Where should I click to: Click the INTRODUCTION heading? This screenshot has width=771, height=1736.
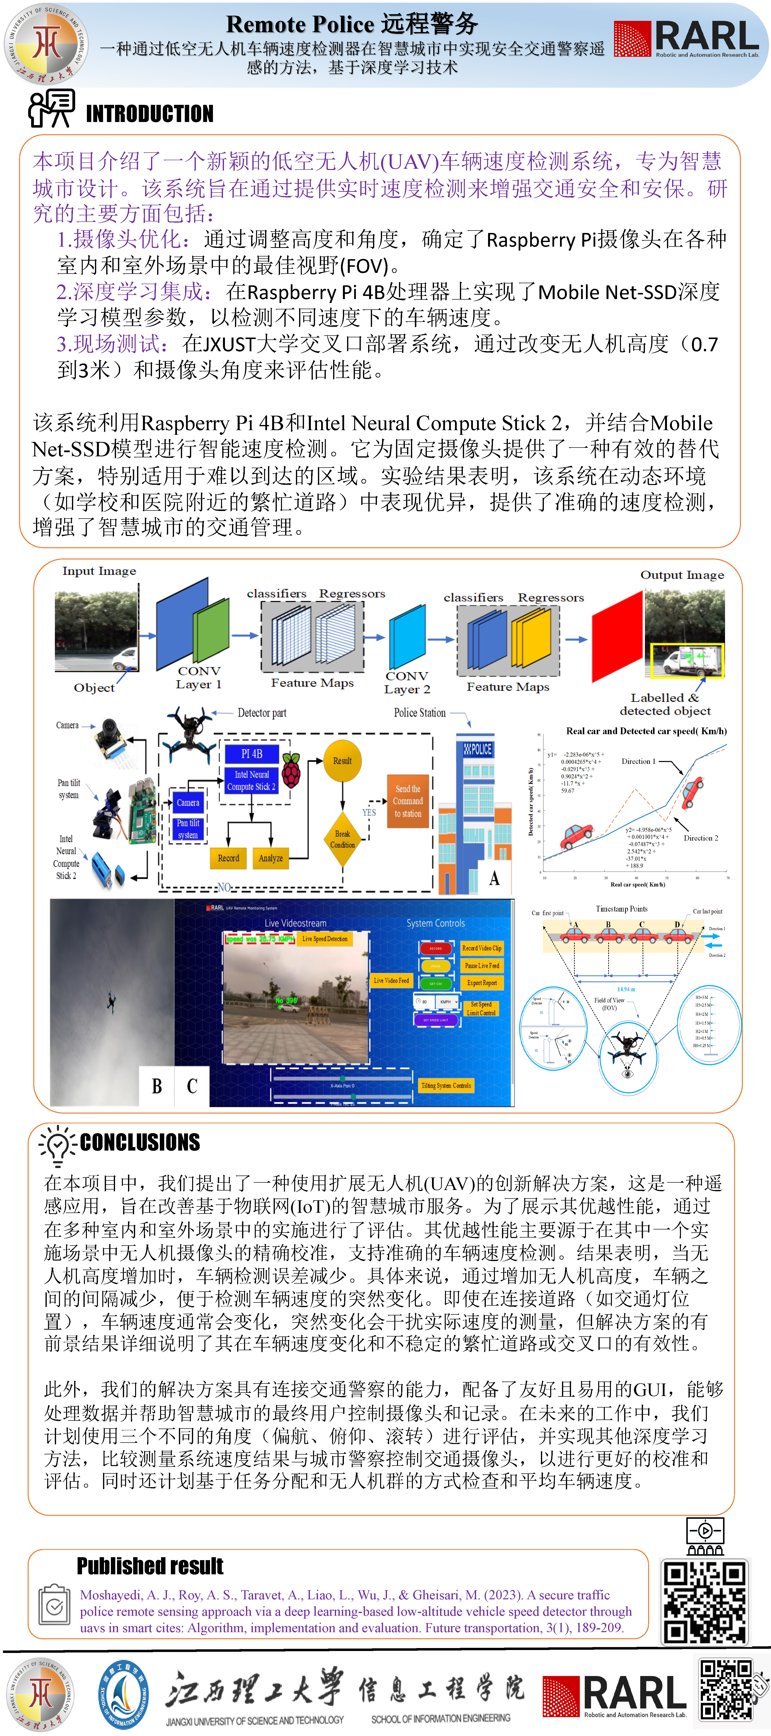point(150,113)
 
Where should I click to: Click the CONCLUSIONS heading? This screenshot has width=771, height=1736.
point(140,1142)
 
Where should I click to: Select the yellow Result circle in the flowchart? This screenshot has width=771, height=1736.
point(342,761)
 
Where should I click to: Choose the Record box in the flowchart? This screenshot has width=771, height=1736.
point(228,858)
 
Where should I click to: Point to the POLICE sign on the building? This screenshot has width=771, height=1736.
point(478,749)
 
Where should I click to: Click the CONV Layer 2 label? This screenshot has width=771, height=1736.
point(407,682)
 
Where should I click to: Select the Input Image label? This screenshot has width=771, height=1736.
point(99,571)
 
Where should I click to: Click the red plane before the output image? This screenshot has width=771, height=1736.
point(617,637)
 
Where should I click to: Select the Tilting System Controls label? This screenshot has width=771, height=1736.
point(446,1085)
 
